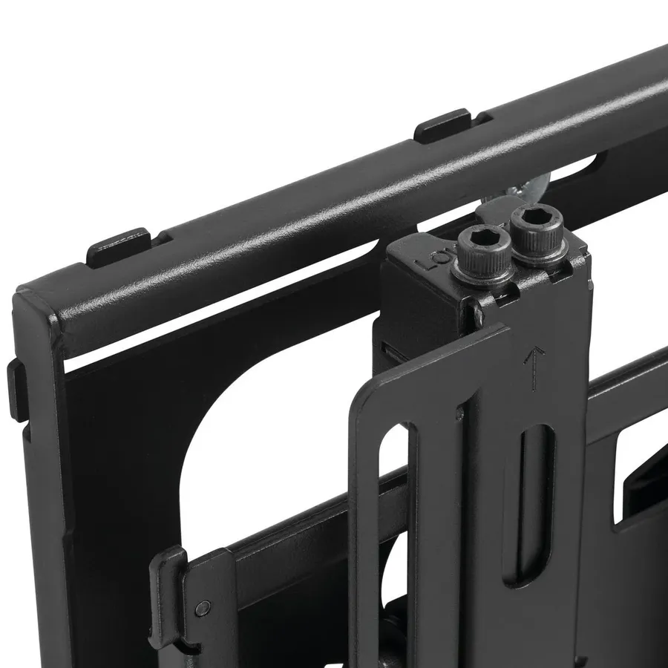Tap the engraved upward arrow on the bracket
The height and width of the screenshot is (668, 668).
[531, 368]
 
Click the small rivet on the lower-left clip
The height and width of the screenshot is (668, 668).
[201, 608]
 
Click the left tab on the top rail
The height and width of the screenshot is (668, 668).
[119, 246]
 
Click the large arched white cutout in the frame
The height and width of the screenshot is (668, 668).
[245, 445]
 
